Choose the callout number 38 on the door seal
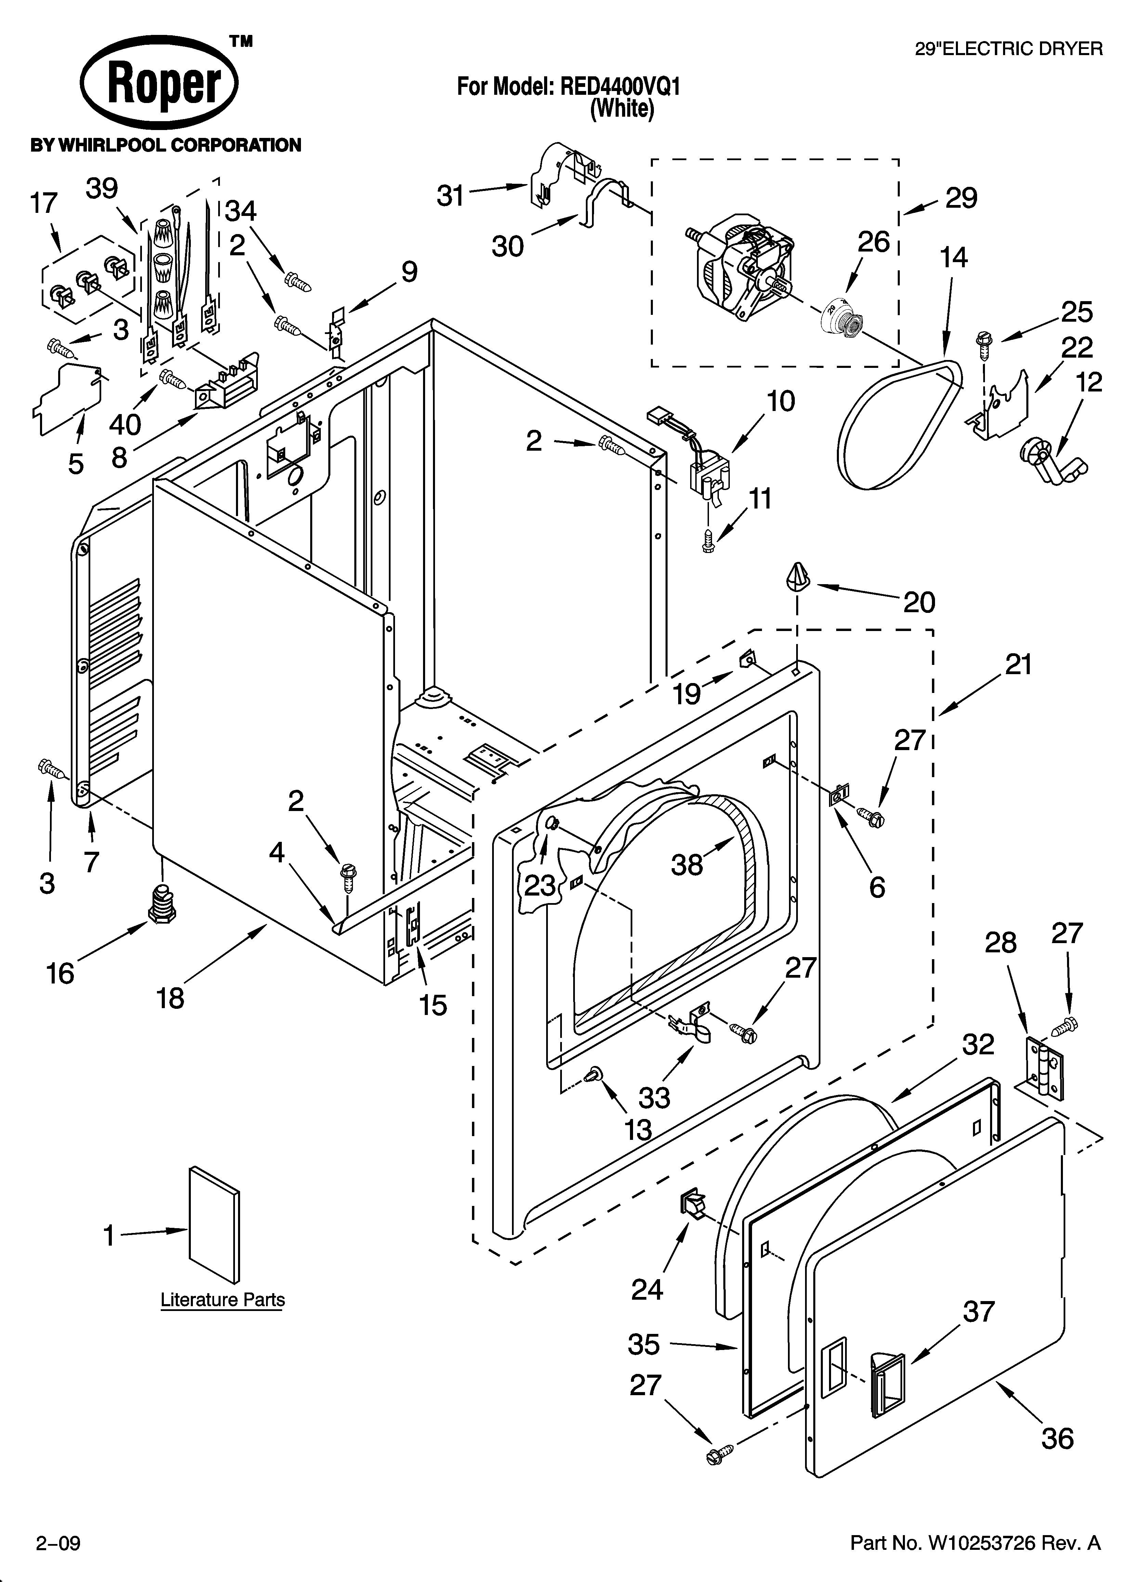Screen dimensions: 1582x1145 click(x=687, y=865)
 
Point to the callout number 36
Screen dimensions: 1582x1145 click(x=1057, y=1438)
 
